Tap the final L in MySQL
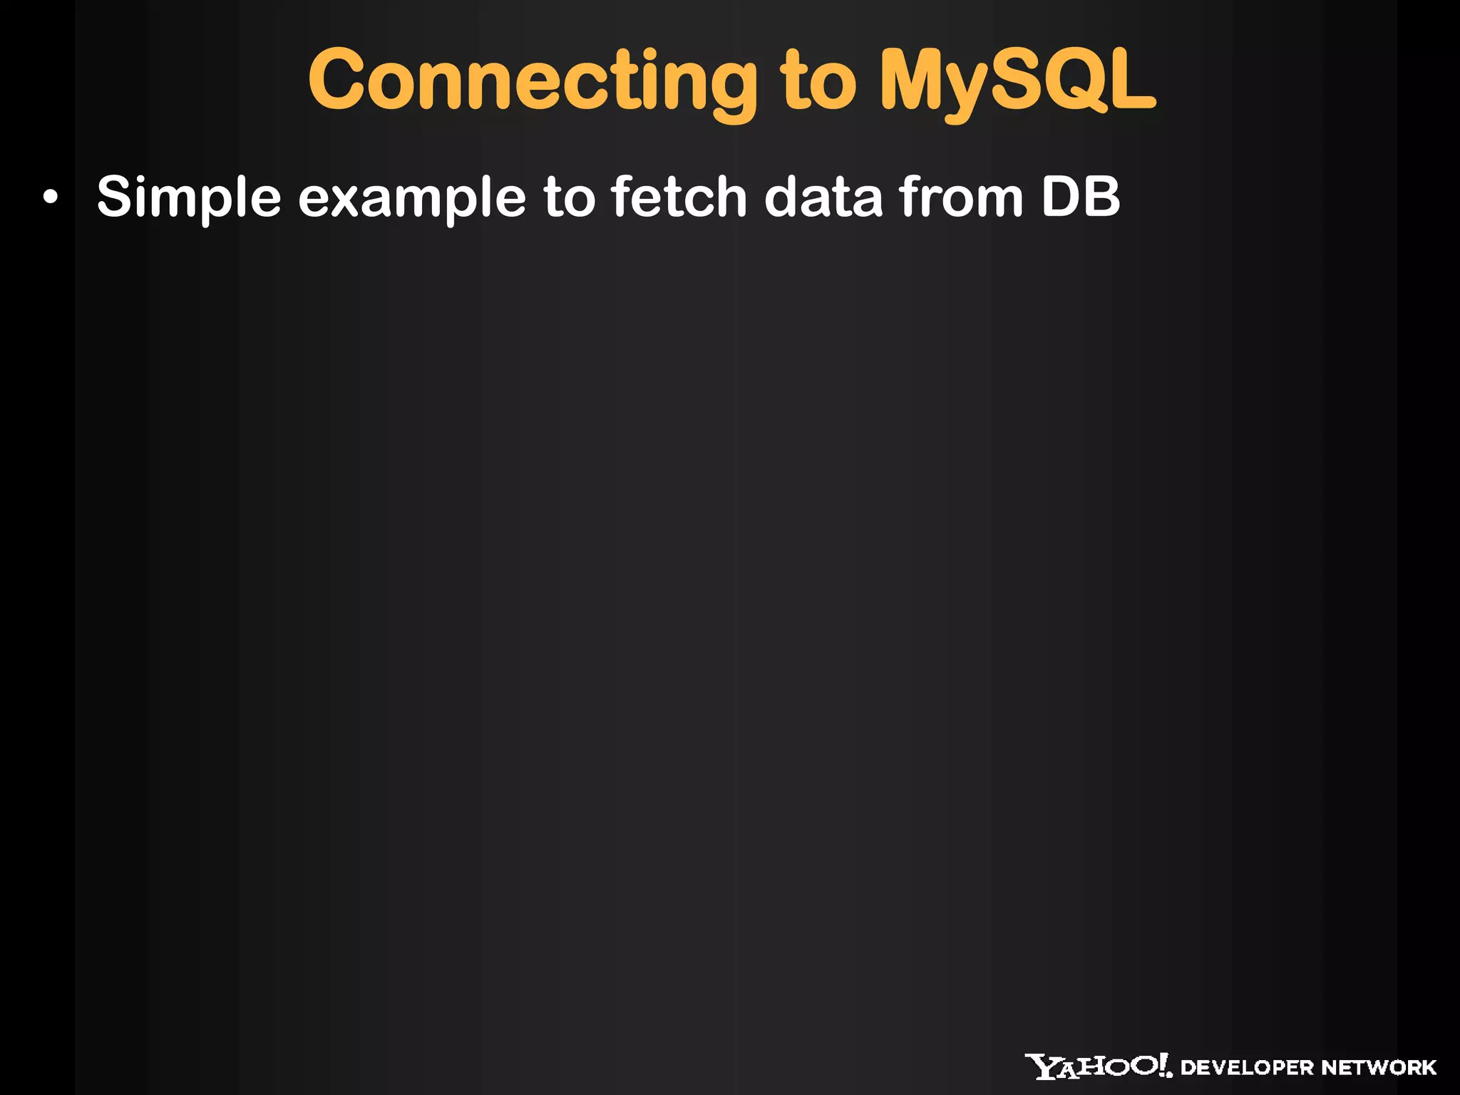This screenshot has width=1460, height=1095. pyautogui.click(x=1131, y=81)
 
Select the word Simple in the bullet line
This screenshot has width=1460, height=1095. pyautogui.click(x=189, y=197)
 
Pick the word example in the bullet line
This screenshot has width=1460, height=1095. pyautogui.click(x=412, y=197)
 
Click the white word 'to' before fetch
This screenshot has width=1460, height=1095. pyautogui.click(x=569, y=197)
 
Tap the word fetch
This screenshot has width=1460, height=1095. pyautogui.click(x=679, y=197)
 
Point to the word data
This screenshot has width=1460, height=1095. pyautogui.click(x=823, y=197)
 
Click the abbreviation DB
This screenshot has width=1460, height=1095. pyautogui.click(x=1081, y=197)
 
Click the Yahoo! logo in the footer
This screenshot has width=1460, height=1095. pyautogui.click(x=1099, y=1066)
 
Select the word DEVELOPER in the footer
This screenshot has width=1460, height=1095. pyautogui.click(x=1247, y=1068)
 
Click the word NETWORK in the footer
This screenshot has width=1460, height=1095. pyautogui.click(x=1379, y=1068)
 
